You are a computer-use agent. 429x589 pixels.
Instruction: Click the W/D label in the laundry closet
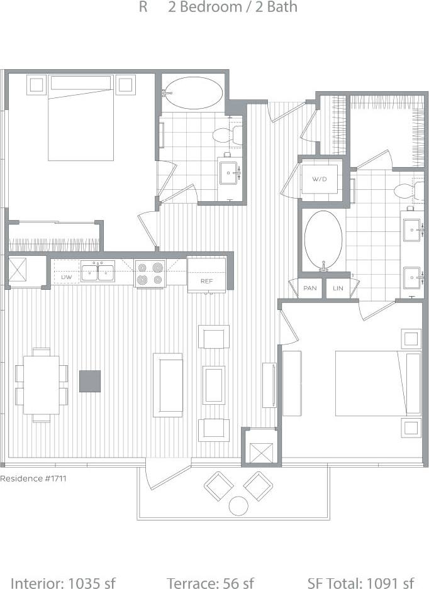320,179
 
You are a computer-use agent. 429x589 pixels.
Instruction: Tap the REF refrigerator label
206,281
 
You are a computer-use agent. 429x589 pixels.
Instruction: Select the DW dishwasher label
65,277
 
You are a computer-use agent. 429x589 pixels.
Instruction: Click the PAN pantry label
309,288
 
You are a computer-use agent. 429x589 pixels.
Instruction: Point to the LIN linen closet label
338,288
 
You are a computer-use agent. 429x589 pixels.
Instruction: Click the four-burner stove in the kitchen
150,273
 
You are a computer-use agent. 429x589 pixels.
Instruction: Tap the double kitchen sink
97,272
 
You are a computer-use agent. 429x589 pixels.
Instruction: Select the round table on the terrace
239,505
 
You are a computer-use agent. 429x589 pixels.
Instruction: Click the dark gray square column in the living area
89,381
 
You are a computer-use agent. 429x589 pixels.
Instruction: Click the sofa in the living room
168,384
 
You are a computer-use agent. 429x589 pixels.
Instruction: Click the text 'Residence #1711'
33,478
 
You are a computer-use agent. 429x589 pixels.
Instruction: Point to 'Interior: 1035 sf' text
63,583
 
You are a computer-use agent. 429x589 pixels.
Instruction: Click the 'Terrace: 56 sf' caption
210,583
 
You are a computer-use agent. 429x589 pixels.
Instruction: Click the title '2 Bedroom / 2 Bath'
233,8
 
